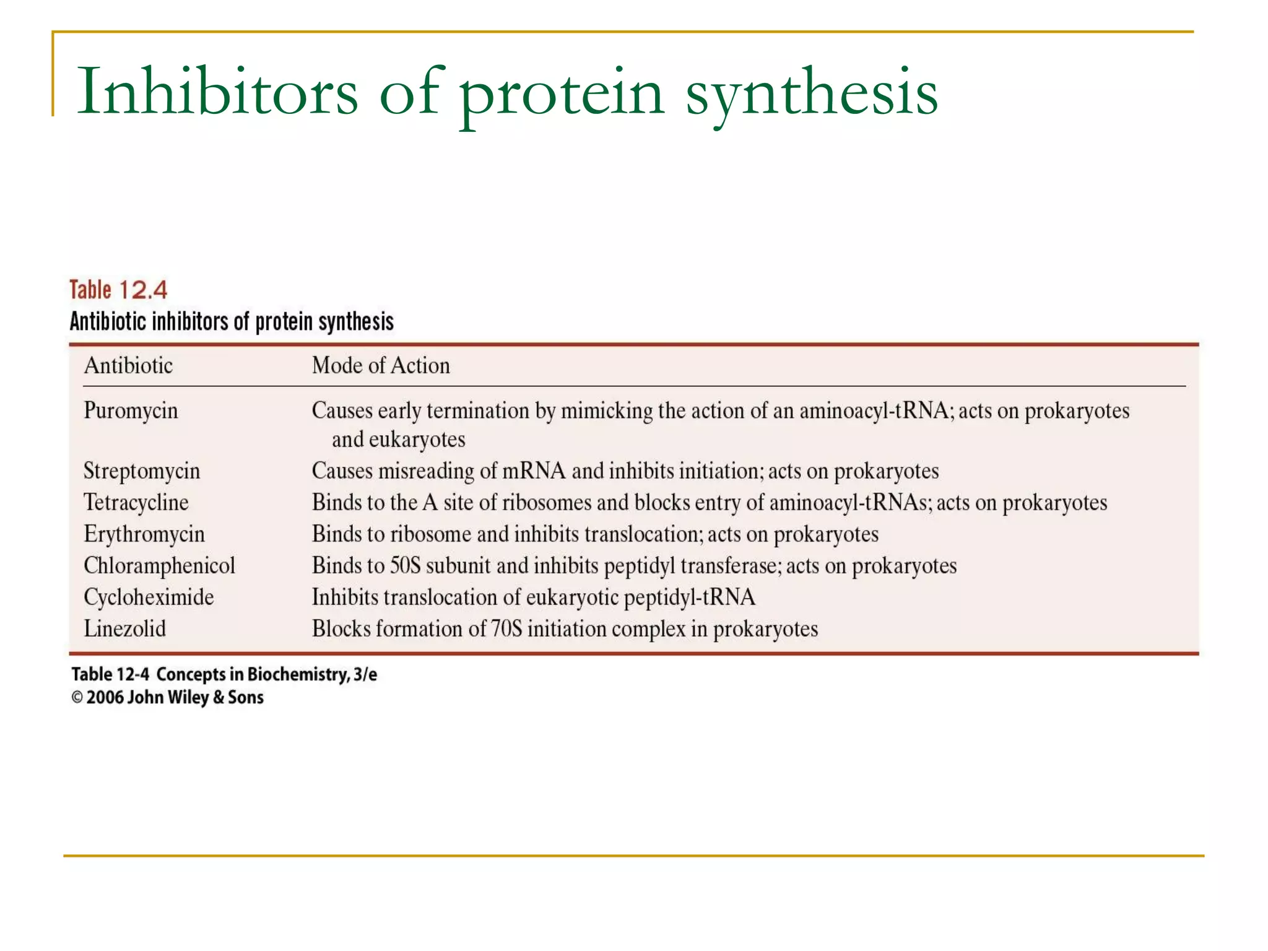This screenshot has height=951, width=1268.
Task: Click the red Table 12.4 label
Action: pos(118,290)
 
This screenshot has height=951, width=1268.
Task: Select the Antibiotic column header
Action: pos(128,365)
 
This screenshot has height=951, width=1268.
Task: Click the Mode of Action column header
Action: pos(381,365)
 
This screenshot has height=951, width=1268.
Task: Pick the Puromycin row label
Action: pos(131,410)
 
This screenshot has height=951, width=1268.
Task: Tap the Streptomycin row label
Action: pos(142,471)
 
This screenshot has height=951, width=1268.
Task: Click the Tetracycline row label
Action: pos(136,502)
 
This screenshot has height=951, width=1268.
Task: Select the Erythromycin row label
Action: pos(144,534)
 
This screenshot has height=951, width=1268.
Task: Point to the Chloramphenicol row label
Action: pos(160,565)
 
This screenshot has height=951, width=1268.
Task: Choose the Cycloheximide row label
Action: pos(149,597)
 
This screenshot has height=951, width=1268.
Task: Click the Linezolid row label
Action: pos(125,628)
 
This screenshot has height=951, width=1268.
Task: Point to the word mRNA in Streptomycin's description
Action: pos(534,471)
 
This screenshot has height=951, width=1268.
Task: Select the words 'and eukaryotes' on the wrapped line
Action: pos(398,440)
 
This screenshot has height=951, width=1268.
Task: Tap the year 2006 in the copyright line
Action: pos(105,698)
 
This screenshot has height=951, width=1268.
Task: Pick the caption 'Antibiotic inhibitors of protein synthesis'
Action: pos(232,322)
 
